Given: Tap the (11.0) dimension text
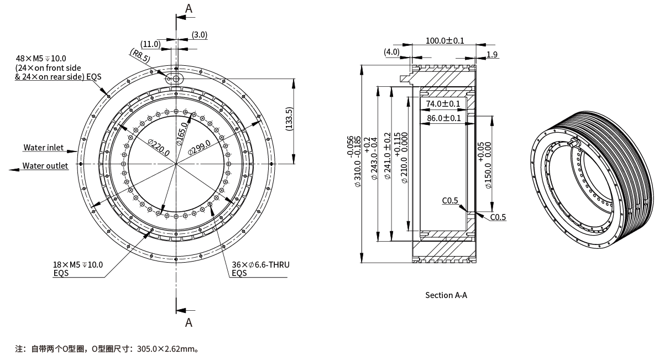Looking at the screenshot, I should click(150, 44).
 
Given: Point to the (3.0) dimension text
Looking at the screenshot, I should click(200, 34).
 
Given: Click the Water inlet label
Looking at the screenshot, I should click(43, 148).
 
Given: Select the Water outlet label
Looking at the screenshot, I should click(45, 166).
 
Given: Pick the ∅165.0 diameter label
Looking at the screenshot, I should click(182, 134).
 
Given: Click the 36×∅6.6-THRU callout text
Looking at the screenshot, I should click(260, 265).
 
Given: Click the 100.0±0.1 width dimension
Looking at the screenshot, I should click(445, 40).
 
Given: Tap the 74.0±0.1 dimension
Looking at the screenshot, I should click(443, 104).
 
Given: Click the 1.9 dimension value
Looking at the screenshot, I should click(493, 54).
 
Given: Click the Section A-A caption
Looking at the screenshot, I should click(446, 295).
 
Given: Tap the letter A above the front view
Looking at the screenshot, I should click(189, 8).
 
